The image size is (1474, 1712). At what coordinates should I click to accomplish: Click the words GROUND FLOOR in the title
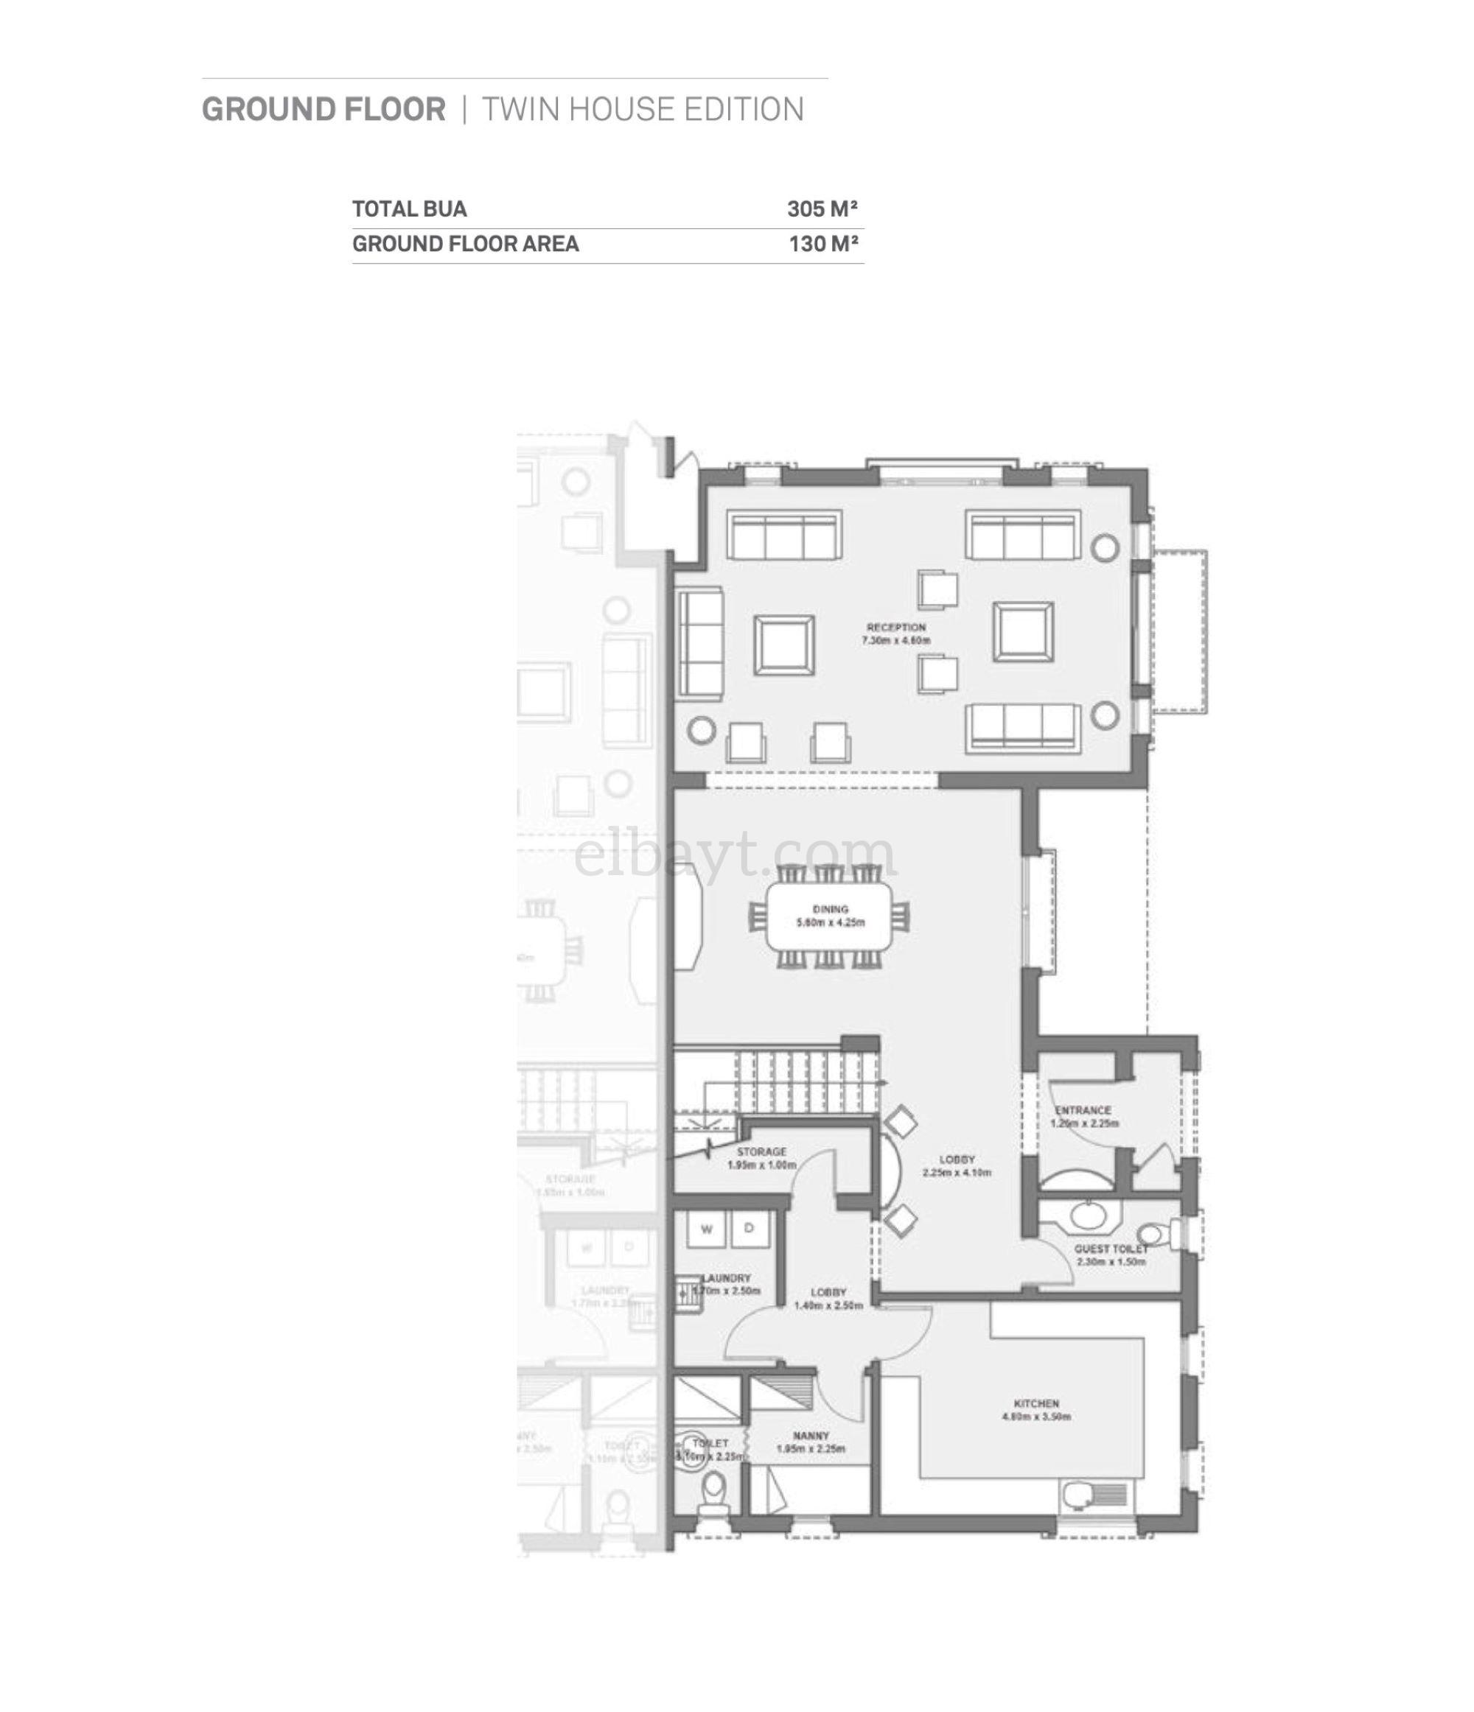(x=324, y=110)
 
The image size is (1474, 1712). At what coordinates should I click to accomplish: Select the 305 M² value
(x=822, y=209)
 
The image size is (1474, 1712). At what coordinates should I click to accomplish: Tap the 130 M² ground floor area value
(x=822, y=244)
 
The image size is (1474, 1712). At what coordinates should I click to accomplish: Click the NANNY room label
(x=810, y=1436)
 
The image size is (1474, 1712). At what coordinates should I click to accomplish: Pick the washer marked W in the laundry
(x=707, y=1229)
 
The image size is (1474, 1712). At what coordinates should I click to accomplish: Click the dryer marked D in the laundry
(x=749, y=1229)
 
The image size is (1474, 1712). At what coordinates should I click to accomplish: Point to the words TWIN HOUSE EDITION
(x=643, y=110)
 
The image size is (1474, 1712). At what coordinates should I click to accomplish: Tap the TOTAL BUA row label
(x=409, y=209)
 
